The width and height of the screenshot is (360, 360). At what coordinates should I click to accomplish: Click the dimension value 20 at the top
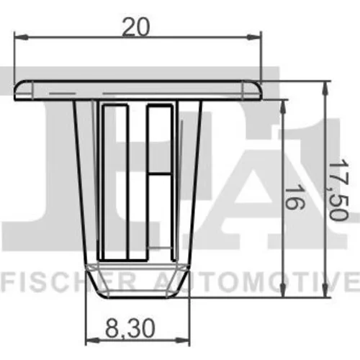[x=135, y=27]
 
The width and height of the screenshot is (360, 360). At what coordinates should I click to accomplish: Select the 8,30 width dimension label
[x=130, y=328]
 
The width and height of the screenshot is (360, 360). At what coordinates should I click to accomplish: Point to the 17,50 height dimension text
[x=338, y=189]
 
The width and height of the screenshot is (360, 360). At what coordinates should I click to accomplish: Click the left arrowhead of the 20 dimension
[x=21, y=37]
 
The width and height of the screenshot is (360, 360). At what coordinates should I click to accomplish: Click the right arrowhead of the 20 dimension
[x=254, y=37]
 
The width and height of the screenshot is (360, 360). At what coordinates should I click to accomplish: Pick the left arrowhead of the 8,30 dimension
[x=93, y=340]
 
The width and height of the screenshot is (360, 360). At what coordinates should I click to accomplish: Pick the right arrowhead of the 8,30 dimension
[x=184, y=340]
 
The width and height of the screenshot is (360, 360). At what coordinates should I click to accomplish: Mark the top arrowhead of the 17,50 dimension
[x=325, y=88]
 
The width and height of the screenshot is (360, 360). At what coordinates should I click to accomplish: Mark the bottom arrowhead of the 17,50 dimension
[x=325, y=291]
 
